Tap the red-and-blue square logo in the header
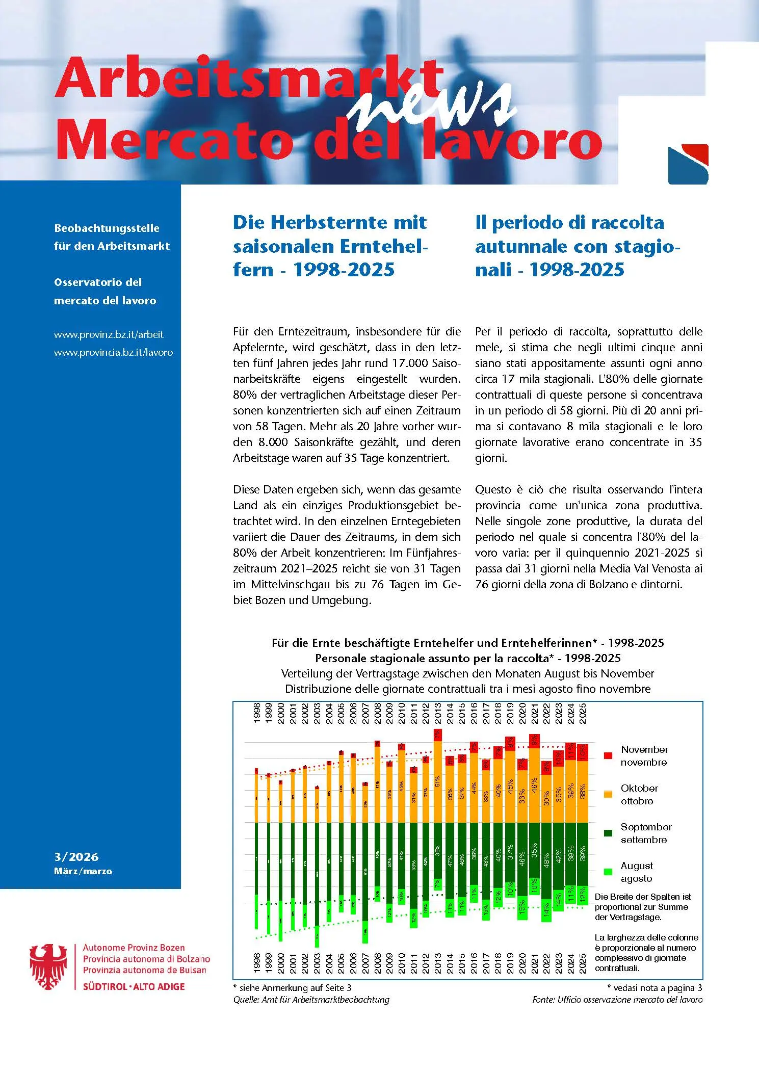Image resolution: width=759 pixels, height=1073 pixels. tap(688, 164)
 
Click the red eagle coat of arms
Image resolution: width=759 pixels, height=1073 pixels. tap(48, 966)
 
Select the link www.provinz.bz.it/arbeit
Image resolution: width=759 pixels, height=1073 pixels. tap(109, 335)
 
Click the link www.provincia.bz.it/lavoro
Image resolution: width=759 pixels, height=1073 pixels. tap(113, 352)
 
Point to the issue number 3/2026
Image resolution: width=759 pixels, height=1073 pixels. tap(76, 857)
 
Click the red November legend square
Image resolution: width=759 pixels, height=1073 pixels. tap(608, 755)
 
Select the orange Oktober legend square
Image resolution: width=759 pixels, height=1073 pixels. tap(608, 794)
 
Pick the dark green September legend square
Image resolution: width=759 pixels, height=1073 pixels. tap(608, 833)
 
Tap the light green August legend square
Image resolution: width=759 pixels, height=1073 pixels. tap(608, 872)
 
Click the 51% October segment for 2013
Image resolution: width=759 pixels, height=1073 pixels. tap(437, 781)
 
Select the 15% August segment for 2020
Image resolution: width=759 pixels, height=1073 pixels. tap(521, 907)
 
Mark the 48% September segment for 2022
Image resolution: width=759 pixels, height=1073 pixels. tap(546, 860)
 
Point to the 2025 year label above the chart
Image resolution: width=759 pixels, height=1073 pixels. tap(583, 712)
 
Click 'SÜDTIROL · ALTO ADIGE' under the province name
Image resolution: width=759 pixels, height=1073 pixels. tap(134, 986)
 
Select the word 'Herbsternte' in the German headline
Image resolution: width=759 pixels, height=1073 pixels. tap(329, 222)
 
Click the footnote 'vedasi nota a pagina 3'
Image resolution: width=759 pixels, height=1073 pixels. tap(657, 987)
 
